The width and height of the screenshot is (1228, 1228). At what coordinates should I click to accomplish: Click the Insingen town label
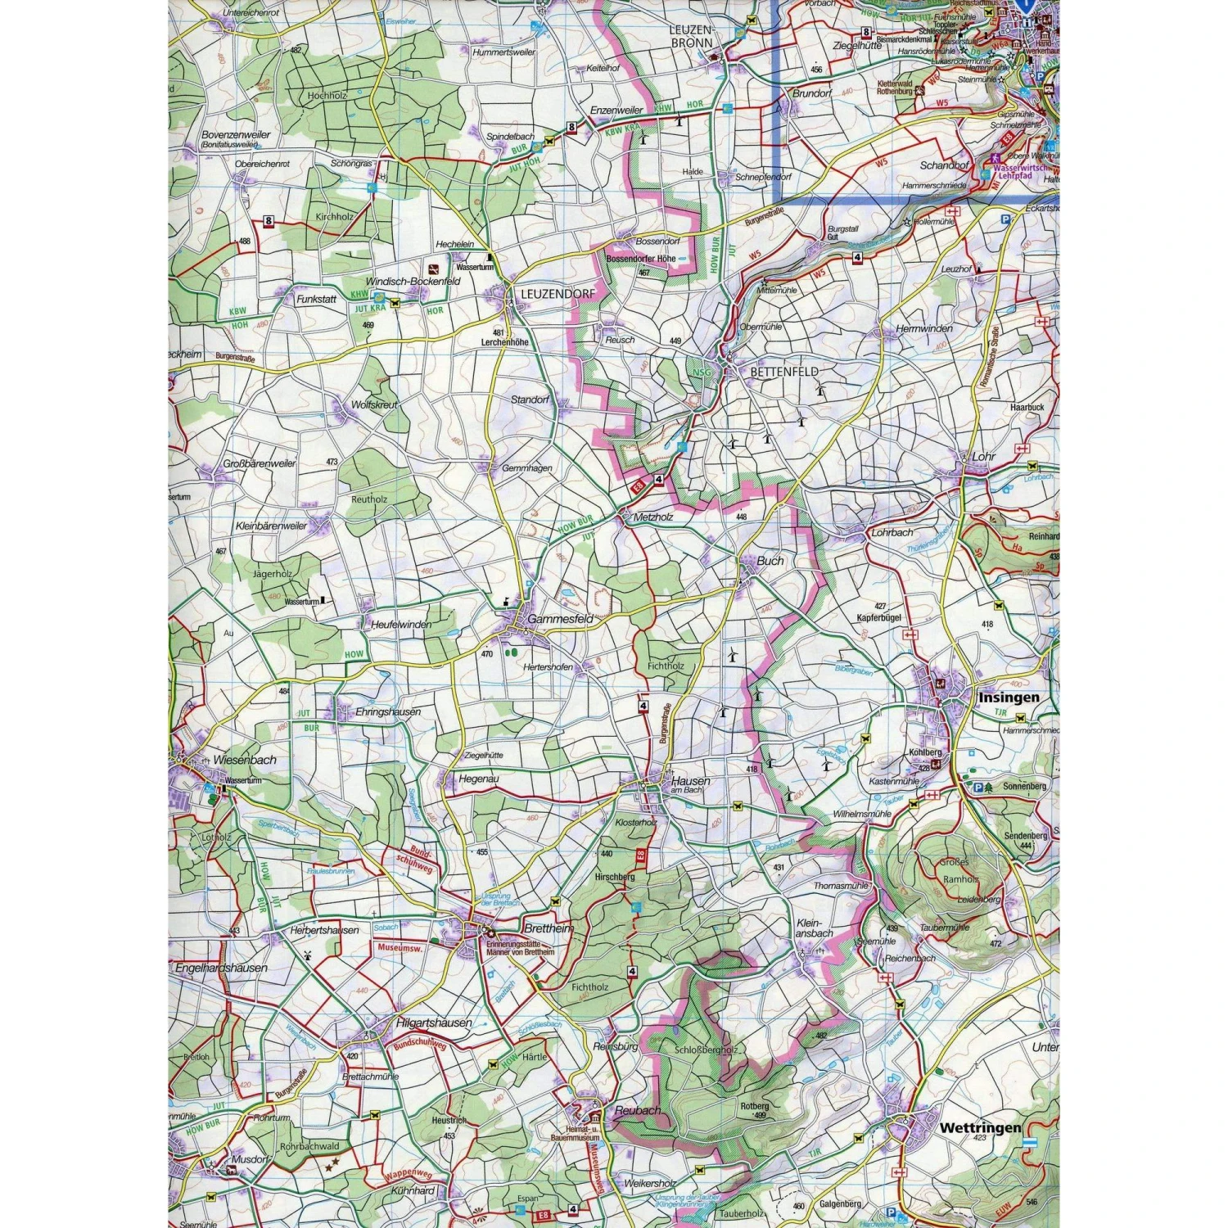pos(1009,698)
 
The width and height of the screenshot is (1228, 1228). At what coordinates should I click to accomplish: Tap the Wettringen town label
pos(980,1127)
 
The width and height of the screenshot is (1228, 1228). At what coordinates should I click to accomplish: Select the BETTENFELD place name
pos(783,372)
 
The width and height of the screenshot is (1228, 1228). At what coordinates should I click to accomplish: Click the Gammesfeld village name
pos(561,620)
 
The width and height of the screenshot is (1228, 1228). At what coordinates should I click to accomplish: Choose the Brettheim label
pos(548,929)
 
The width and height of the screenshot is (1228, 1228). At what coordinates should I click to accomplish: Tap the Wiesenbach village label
pos(245,760)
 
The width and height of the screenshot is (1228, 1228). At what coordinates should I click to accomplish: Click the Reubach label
pos(637,1110)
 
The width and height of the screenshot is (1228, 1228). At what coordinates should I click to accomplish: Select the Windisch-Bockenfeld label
pos(413,281)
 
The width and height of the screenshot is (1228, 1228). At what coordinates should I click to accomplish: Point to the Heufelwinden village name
pos(401,625)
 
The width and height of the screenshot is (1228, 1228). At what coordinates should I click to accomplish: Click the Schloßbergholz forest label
pos(706,1050)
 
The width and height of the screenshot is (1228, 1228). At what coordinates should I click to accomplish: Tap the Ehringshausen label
pos(388,712)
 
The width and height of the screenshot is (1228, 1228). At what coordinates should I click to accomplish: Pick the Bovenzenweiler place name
pos(236,134)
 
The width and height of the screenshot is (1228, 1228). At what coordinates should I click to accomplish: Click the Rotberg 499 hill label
pos(754,1110)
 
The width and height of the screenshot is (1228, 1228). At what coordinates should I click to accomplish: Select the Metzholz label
pos(653,517)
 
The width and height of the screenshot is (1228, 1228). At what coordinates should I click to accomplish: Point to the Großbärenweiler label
pos(260,463)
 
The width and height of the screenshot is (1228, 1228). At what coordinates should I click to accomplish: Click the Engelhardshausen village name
pos(221,968)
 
